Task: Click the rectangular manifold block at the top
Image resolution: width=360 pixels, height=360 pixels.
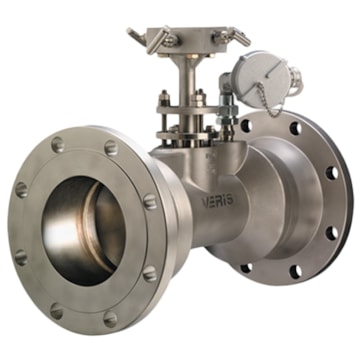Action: [x=190, y=41]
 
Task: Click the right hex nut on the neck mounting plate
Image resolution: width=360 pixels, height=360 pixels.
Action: [x=199, y=99]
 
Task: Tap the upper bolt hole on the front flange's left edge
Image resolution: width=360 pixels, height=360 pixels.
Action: [x=22, y=189]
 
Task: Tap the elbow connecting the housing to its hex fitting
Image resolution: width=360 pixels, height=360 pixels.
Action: [x=228, y=92]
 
